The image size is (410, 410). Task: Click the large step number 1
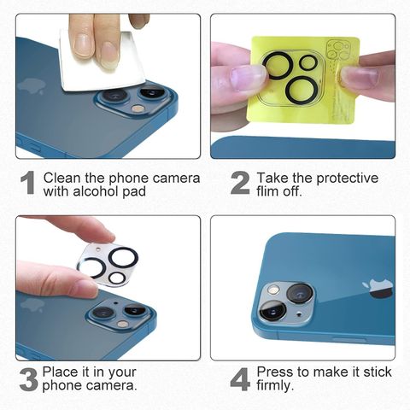(27, 183)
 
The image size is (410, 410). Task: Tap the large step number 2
(240, 184)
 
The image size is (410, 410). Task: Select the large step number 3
(29, 379)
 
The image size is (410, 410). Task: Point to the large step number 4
(240, 379)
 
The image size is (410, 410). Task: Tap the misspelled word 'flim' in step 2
(267, 190)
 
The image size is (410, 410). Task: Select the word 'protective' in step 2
(347, 179)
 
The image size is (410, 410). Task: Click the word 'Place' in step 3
(59, 372)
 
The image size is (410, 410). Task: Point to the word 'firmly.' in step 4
(275, 386)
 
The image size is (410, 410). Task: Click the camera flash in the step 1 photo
(138, 108)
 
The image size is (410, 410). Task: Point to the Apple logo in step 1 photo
(31, 87)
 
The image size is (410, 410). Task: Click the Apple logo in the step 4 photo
(378, 289)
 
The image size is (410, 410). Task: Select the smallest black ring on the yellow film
(308, 62)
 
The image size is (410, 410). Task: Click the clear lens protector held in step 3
(108, 265)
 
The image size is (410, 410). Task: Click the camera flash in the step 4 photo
(273, 290)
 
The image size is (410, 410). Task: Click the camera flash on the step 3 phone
(122, 324)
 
